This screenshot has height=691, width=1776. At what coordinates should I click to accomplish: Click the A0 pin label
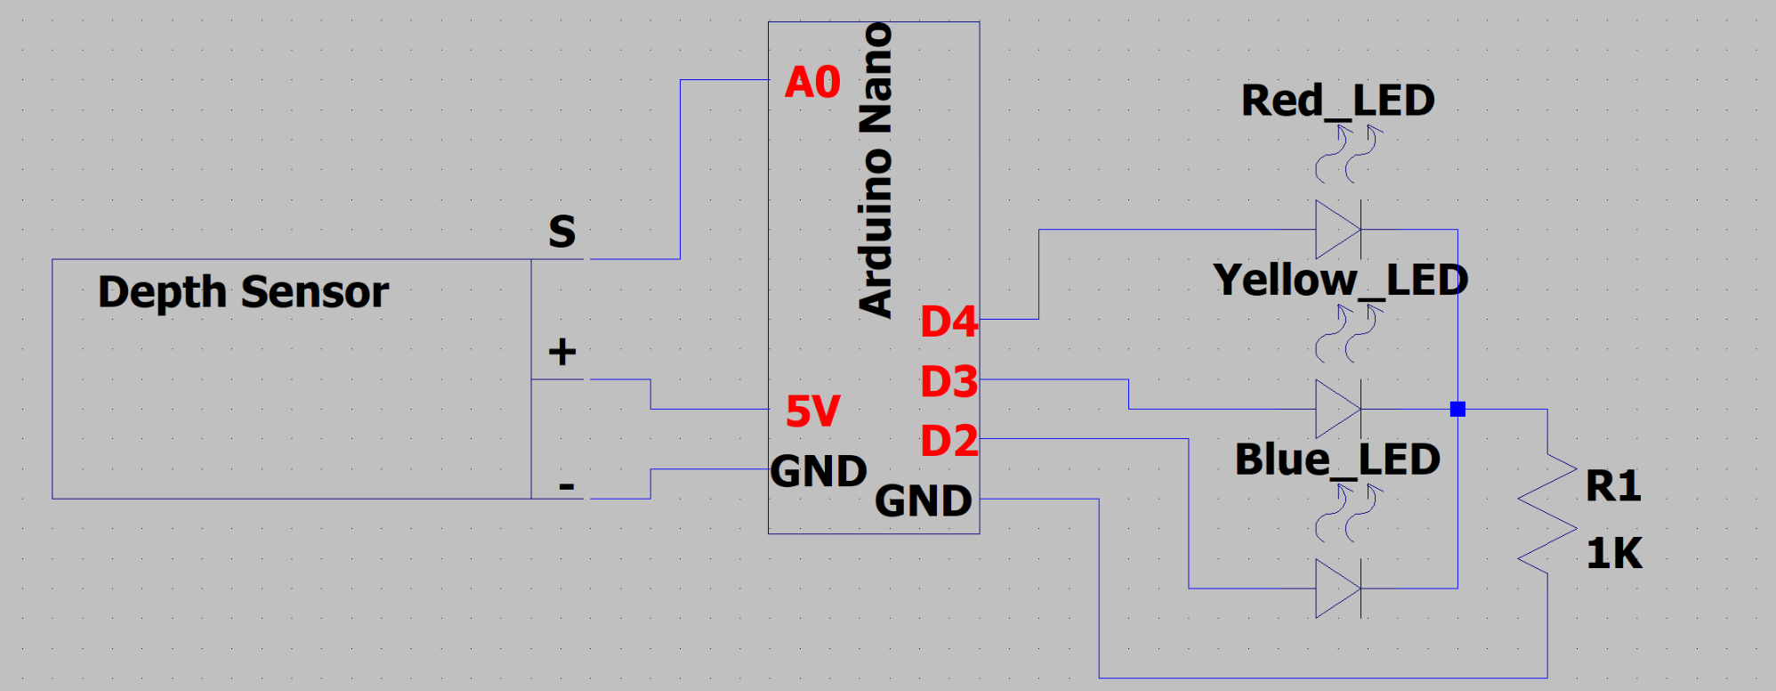coord(812,82)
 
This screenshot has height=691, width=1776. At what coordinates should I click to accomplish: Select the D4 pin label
coord(949,321)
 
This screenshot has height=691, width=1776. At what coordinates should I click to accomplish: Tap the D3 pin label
coord(949,382)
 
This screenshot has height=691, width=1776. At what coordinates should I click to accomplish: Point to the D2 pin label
coord(949,441)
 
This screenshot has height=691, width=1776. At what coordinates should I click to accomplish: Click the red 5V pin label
coord(812,411)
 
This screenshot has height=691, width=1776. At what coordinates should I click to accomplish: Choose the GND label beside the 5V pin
coord(819,471)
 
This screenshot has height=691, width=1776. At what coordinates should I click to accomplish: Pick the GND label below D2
coord(924,500)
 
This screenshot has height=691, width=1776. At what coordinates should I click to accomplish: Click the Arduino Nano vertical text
coord(876,170)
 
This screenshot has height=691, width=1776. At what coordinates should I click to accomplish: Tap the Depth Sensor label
coord(243,292)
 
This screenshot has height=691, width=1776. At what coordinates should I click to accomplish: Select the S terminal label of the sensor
coord(561,232)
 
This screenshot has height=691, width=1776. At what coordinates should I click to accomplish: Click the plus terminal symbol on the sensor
coord(561,352)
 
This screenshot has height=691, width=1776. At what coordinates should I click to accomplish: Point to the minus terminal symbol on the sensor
coord(566,486)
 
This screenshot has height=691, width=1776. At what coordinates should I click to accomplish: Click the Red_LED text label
coord(1337,101)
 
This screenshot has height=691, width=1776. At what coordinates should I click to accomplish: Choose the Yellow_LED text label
coord(1340,280)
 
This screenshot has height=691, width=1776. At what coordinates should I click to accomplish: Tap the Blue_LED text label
coord(1337,459)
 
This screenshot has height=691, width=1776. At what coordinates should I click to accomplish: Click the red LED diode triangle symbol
coord(1338,230)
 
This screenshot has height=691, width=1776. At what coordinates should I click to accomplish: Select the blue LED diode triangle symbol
coord(1338,589)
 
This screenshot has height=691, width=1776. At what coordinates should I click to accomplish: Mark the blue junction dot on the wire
coord(1457,410)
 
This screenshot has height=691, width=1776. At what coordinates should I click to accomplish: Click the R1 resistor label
coord(1613,486)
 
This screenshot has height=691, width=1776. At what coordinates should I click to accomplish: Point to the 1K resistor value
coord(1614,553)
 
